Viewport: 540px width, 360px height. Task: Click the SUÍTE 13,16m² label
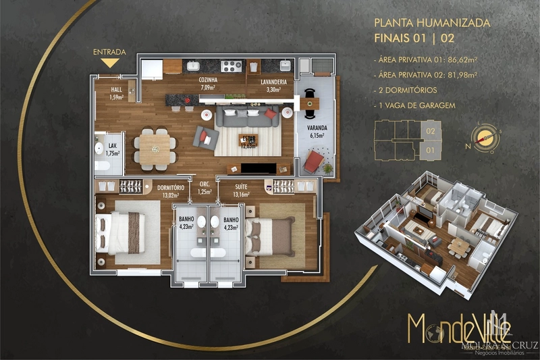(244, 192)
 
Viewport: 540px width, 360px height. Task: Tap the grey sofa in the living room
(246, 116)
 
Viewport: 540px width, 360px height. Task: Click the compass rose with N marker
(484, 136)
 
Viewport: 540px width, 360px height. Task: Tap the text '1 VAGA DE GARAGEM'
(414, 105)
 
